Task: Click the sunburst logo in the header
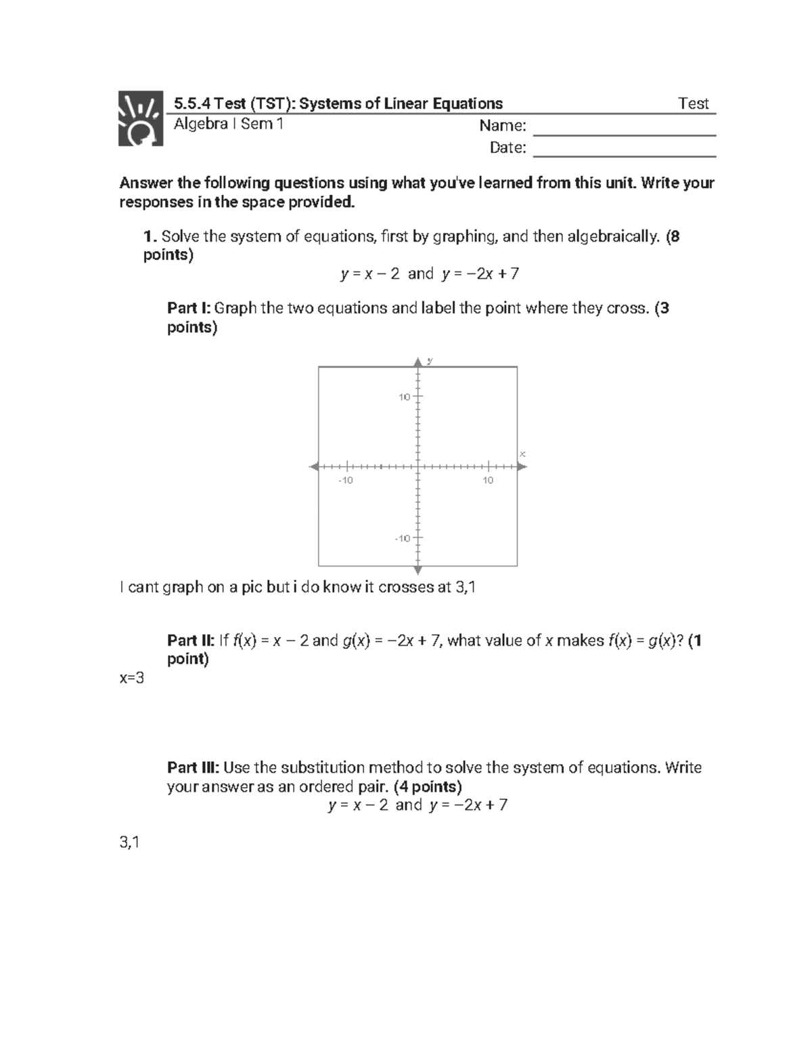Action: tap(141, 118)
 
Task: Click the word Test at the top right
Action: tap(693, 104)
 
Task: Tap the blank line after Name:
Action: tap(624, 129)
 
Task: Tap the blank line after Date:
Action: tap(624, 150)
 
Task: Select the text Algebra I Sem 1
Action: tap(229, 124)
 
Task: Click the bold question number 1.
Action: tap(150, 237)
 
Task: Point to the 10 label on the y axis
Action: tap(404, 397)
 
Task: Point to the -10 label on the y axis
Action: tap(403, 538)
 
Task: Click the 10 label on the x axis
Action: tap(488, 480)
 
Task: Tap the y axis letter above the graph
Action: tap(430, 360)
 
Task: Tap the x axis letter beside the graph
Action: tap(522, 453)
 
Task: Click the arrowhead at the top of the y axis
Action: tap(418, 360)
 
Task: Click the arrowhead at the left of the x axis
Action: tap(314, 466)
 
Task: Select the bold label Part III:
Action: tap(193, 767)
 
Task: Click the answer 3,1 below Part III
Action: tap(129, 843)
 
